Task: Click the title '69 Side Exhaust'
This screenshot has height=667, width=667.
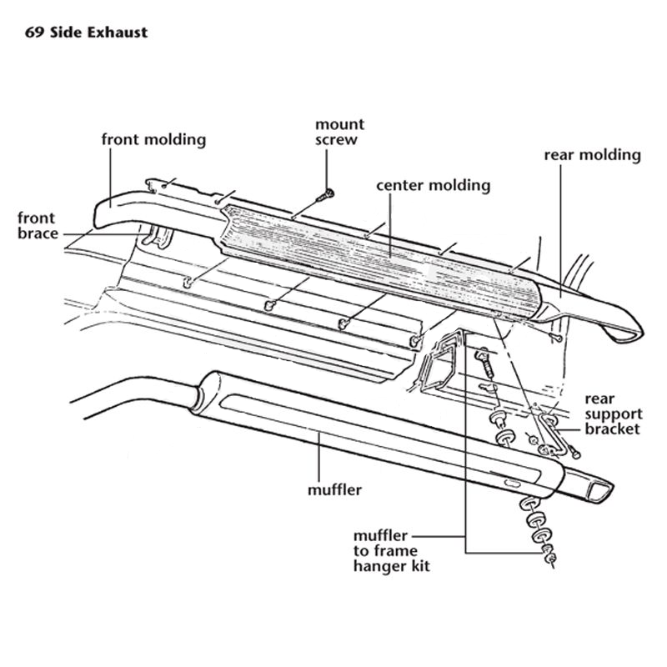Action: pyautogui.click(x=86, y=33)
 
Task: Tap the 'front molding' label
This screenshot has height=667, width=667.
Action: pyautogui.click(x=153, y=139)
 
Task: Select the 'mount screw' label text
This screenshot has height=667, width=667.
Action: pyautogui.click(x=339, y=132)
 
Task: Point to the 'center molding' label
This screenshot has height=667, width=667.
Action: pyautogui.click(x=433, y=185)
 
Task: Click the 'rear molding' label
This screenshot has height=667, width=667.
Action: pyautogui.click(x=592, y=155)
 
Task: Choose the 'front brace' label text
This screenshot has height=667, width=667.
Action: pyautogui.click(x=38, y=225)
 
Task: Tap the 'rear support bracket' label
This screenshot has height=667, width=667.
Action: pyautogui.click(x=613, y=414)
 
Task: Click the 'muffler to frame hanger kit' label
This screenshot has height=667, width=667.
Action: pyautogui.click(x=391, y=551)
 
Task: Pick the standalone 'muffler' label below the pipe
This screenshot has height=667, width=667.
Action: pyautogui.click(x=334, y=490)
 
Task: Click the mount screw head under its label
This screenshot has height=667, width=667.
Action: pyautogui.click(x=328, y=194)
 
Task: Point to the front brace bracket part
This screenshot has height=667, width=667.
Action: pyautogui.click(x=157, y=237)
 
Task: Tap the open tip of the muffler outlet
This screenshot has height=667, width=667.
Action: pyautogui.click(x=600, y=490)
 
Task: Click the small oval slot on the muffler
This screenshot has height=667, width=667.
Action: pyautogui.click(x=512, y=484)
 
